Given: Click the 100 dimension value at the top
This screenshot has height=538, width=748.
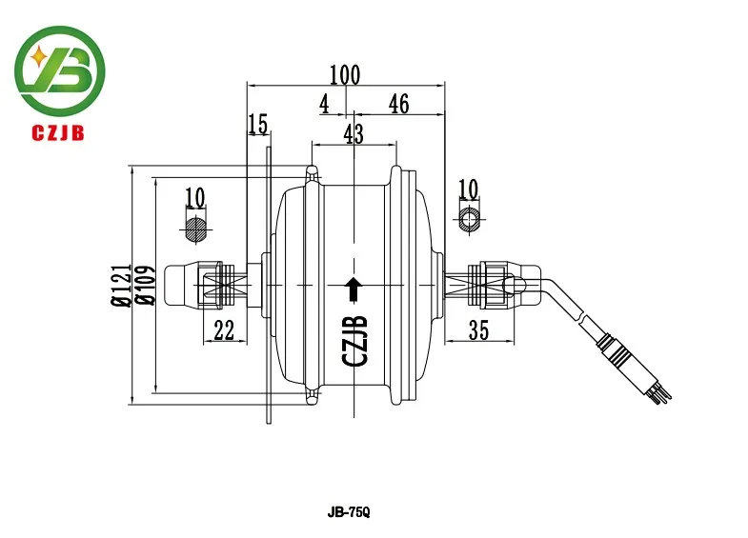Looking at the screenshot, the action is (x=345, y=75).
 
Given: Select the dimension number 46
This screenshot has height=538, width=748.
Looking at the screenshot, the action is (x=399, y=104).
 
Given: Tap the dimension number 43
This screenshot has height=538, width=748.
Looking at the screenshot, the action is (x=354, y=134).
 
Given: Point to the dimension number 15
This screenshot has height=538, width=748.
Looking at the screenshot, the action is (x=257, y=125).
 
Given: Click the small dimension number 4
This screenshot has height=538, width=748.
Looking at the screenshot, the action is (x=324, y=104).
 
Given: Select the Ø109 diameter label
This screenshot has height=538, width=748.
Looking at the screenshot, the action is (x=145, y=285).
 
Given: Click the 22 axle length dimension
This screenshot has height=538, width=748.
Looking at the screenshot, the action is (x=224, y=329).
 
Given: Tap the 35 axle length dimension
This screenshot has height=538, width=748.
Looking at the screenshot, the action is (x=478, y=329).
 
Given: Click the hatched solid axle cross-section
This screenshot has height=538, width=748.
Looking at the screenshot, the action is (x=195, y=229).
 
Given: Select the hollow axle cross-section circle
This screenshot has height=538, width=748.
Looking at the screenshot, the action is (x=470, y=220).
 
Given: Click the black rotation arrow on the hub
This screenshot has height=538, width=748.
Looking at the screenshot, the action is (x=354, y=289).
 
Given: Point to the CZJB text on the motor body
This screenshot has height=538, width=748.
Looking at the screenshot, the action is (x=355, y=340).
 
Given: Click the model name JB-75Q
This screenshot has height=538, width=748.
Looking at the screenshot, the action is (x=349, y=512).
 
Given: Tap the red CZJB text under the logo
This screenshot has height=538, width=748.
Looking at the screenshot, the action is (x=58, y=132).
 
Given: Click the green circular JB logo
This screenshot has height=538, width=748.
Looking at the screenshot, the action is (x=60, y=70).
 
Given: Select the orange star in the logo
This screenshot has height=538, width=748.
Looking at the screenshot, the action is (x=38, y=58).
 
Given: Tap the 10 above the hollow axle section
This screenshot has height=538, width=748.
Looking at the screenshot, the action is (x=468, y=189).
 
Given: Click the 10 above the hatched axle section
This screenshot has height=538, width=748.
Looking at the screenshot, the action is (x=194, y=197).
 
